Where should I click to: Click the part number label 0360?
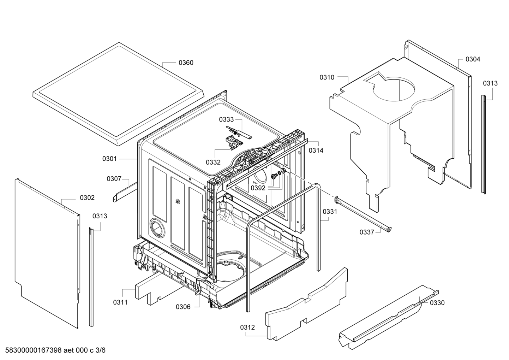[186, 63]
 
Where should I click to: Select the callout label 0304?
[473, 59]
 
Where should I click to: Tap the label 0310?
[327, 77]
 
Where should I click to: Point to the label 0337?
[367, 232]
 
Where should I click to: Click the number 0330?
[437, 303]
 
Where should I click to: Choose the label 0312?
[247, 327]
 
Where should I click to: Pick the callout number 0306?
[183, 307]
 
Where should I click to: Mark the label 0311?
[120, 302]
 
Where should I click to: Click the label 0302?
[87, 198]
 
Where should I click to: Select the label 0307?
[114, 179]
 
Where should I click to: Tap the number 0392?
[258, 188]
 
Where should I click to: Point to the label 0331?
[330, 212]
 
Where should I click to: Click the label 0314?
[316, 151]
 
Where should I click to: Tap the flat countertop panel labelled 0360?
[118, 94]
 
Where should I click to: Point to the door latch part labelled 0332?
[234, 143]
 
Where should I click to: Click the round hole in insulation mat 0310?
[394, 89]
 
